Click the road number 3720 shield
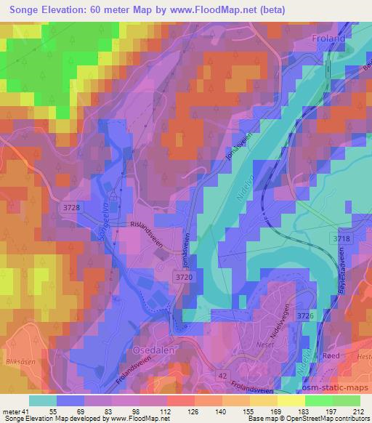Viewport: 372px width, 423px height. (185, 277)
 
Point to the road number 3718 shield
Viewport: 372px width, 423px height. (341, 238)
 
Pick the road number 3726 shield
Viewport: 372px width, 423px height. (306, 315)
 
